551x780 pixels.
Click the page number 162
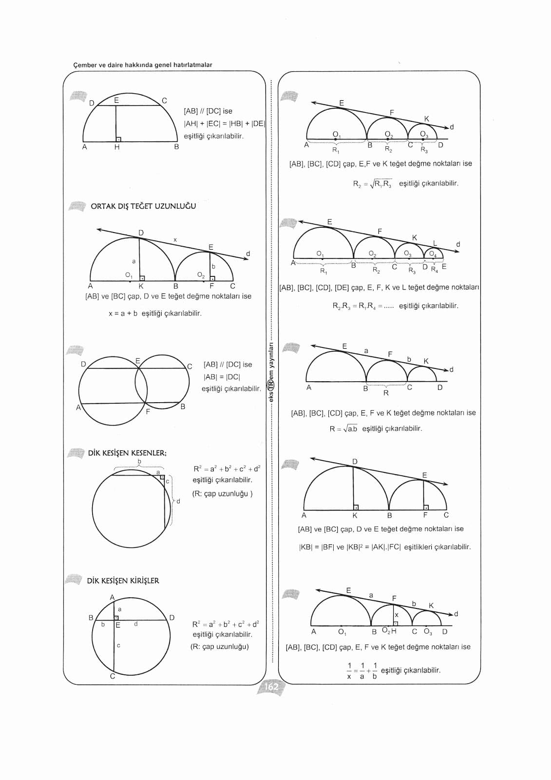click(x=271, y=687)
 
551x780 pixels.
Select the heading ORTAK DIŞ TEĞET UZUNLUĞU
click(x=143, y=206)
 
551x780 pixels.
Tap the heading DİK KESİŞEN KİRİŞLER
click(x=123, y=581)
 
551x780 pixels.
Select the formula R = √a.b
click(x=343, y=429)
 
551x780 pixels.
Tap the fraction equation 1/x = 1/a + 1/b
click(x=362, y=671)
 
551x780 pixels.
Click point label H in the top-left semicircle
click(x=117, y=147)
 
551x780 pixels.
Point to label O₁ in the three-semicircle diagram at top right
click(x=336, y=134)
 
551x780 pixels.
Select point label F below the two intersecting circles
click(x=148, y=412)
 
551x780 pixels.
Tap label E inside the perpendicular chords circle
click(x=118, y=625)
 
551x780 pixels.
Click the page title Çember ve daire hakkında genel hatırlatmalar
click(x=142, y=65)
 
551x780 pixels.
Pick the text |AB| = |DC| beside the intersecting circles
click(x=222, y=377)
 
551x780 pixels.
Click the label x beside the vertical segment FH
click(x=397, y=615)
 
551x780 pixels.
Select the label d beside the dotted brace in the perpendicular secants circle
click(x=178, y=501)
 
